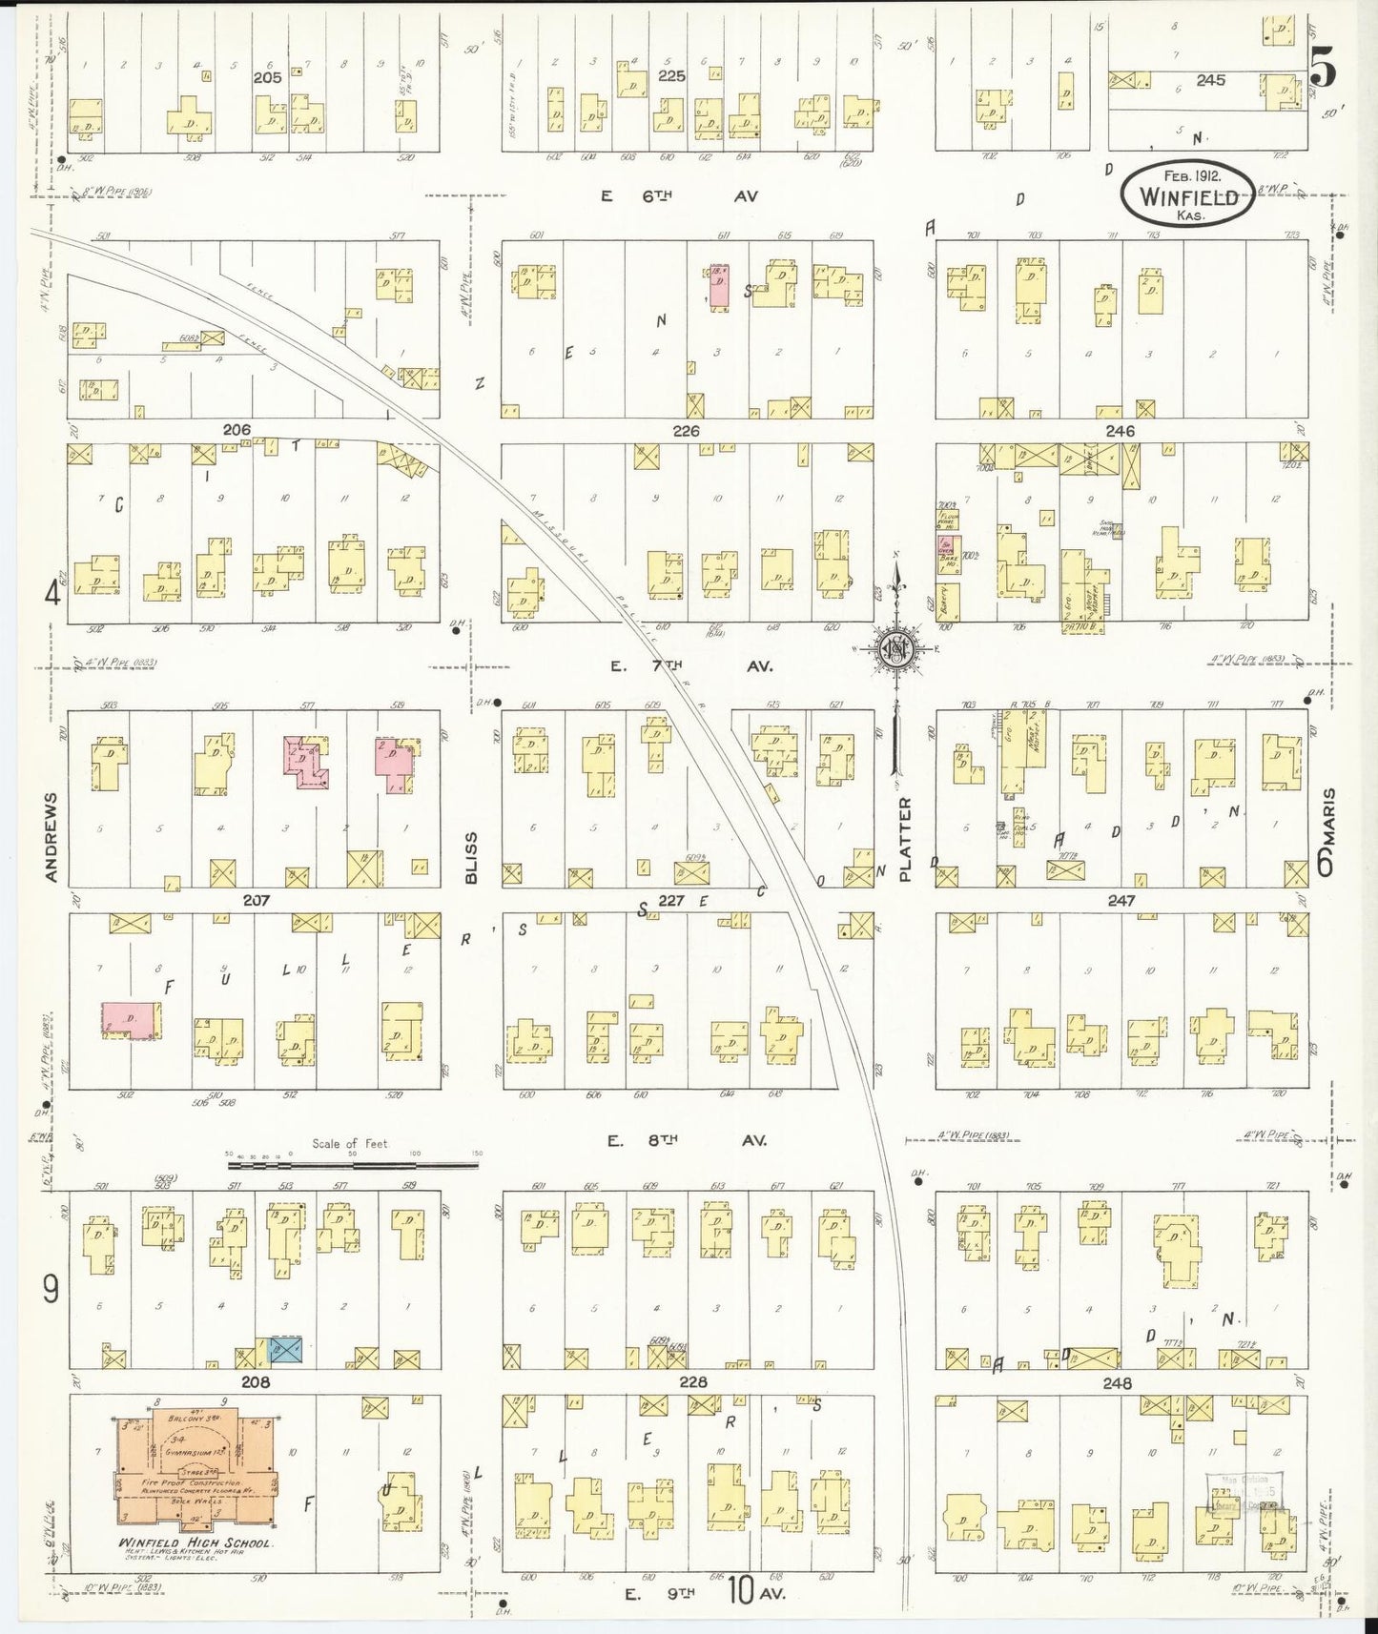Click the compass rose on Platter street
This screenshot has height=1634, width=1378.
coord(896,648)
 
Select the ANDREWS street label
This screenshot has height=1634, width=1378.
coord(51,836)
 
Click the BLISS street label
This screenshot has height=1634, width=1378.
coord(470,857)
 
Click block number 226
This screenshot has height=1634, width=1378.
coord(686,431)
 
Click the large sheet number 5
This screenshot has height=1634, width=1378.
coord(1323,66)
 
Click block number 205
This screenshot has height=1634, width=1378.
coord(267,78)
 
